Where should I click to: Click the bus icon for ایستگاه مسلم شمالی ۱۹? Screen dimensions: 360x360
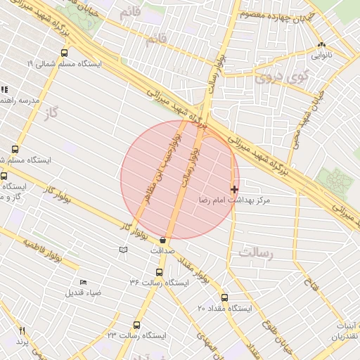[65, 53]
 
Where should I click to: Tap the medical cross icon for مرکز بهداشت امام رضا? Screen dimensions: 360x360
[234, 189]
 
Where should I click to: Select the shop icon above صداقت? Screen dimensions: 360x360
[162, 240]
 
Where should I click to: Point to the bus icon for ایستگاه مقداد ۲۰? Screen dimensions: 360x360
[225, 297]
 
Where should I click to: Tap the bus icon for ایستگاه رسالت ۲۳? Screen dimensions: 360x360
[136, 325]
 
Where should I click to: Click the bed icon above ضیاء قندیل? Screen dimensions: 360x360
[84, 282]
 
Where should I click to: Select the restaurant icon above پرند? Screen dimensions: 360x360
[22, 330]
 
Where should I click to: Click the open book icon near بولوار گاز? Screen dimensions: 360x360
[124, 250]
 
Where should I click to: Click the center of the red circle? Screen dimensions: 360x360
[180, 180]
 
